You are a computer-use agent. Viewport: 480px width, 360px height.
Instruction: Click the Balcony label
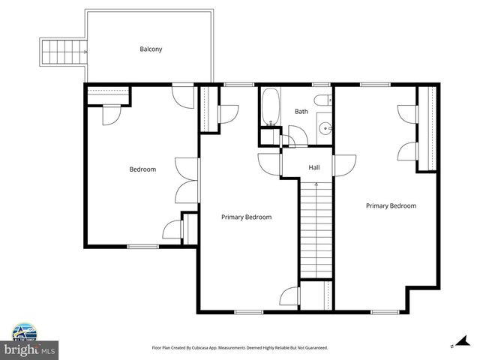(151, 49)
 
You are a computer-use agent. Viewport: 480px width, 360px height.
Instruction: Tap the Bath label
(301, 112)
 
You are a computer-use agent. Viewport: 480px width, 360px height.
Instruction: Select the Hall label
(314, 167)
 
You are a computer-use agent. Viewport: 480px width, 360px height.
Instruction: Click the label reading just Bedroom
(142, 169)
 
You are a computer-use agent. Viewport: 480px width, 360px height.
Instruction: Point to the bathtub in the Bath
(271, 107)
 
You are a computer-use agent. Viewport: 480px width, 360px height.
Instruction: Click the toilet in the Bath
(322, 101)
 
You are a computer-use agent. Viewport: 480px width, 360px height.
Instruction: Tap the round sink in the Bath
(325, 129)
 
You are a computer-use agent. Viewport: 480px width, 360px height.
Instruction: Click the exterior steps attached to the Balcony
(55, 52)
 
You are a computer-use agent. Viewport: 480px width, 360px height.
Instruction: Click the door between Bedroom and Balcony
(181, 95)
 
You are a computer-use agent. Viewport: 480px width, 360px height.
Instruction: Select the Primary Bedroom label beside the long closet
(391, 205)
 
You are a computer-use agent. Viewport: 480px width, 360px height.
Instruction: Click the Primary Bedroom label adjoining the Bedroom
(246, 217)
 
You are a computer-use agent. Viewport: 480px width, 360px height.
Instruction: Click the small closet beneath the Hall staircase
(316, 295)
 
